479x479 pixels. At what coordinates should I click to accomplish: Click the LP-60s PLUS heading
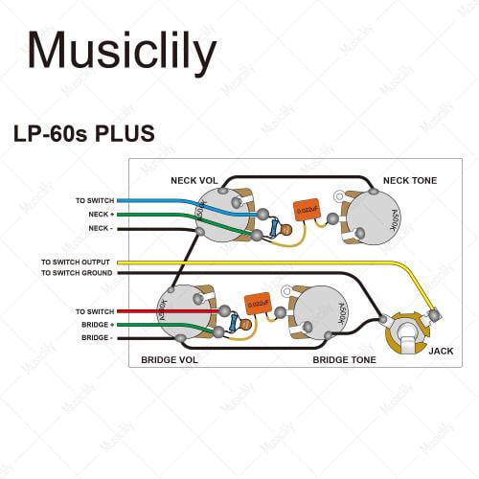83,132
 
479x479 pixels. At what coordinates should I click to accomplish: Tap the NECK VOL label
195,180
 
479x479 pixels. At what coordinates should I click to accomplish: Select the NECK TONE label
410,180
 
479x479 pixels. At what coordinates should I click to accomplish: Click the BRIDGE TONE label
344,360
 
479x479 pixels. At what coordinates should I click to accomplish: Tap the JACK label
441,351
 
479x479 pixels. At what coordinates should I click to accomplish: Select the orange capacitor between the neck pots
307,210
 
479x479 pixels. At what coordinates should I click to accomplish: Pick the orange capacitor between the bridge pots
258,304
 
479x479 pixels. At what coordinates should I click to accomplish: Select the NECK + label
101,215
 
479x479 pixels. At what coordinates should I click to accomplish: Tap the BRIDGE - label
97,338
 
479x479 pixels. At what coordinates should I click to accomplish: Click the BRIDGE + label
97,326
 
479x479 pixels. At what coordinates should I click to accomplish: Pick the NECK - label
101,228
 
